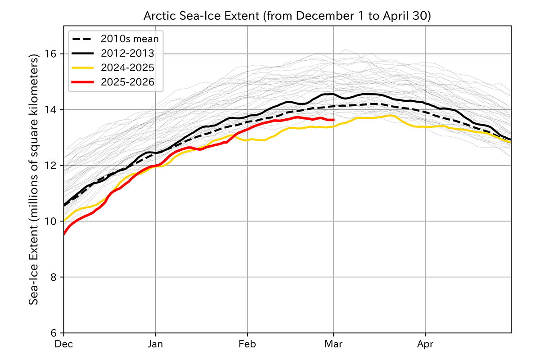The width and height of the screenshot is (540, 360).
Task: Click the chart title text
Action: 287,16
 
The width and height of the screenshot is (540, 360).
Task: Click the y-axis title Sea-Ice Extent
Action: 34,180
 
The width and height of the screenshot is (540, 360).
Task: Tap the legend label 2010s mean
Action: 130,39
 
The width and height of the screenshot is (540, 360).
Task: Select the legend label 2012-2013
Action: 127,53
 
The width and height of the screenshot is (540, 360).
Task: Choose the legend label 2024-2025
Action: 127,67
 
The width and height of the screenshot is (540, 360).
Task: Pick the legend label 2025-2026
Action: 127,82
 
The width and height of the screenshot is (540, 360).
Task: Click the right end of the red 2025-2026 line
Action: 333,120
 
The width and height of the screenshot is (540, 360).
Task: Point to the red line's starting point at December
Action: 64,234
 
